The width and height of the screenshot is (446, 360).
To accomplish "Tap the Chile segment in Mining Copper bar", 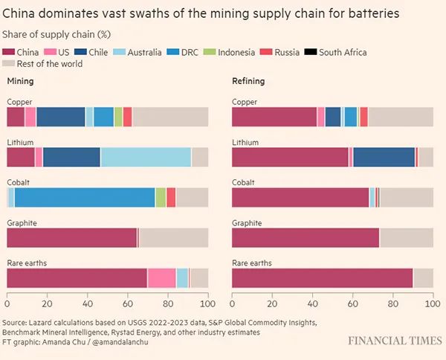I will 60,117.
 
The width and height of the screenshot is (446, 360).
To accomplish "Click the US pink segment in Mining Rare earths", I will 161,277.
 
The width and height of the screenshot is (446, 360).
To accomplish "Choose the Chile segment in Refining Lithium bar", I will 384,157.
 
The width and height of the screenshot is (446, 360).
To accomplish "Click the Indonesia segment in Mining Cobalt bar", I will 161,197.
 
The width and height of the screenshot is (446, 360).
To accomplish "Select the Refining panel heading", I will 248,82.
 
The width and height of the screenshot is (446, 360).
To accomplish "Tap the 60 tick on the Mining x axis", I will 128,304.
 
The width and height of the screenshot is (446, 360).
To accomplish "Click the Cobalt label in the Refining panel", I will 243,181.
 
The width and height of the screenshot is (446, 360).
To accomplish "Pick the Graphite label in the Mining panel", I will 22,222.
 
